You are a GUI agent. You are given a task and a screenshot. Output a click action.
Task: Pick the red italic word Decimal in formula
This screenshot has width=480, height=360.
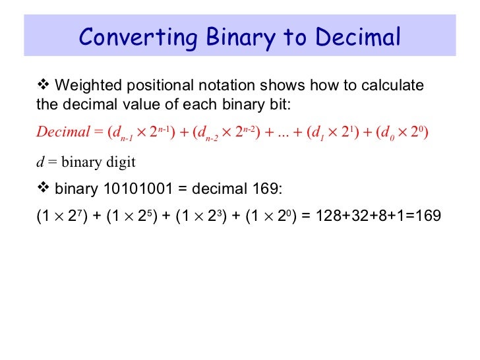pyautogui.click(x=63, y=132)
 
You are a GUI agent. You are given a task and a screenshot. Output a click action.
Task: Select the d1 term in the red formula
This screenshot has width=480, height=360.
pyautogui.click(x=320, y=133)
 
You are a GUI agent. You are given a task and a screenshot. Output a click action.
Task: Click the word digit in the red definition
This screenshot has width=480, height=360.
pyautogui.click(x=121, y=162)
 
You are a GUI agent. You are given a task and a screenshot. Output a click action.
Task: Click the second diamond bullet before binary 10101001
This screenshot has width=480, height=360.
pyautogui.click(x=44, y=189)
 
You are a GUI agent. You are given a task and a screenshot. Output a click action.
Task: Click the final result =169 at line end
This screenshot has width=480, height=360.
pyautogui.click(x=426, y=216)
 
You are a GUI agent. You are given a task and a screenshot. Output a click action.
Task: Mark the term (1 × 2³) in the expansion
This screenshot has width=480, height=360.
pyautogui.click(x=198, y=216)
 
